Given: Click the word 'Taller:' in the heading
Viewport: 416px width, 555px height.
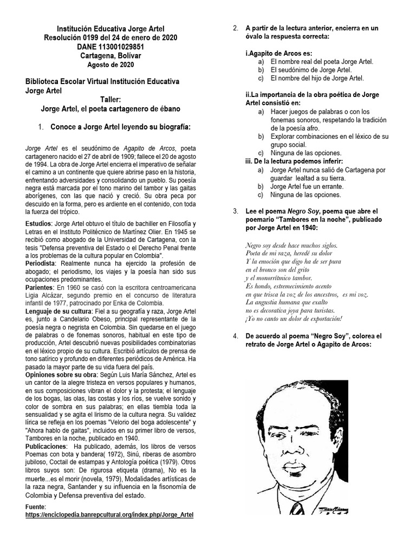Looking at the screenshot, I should pos(110,99).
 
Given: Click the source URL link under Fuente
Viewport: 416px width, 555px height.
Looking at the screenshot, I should pos(109,514).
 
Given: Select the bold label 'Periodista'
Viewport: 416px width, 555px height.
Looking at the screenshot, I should pos(42,262).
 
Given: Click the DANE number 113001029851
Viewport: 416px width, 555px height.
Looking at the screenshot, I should pos(110,47).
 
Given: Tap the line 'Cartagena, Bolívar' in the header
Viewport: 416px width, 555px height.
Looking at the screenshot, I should pos(110,56).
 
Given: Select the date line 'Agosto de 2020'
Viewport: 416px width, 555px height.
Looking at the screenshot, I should pos(110,65).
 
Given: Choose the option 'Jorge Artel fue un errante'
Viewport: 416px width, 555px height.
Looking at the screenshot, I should pos(307,186).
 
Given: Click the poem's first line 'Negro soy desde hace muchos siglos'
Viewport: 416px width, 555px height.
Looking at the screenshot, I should pos(291,245).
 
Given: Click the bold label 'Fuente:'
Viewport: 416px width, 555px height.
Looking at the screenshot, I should pos(36,506).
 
